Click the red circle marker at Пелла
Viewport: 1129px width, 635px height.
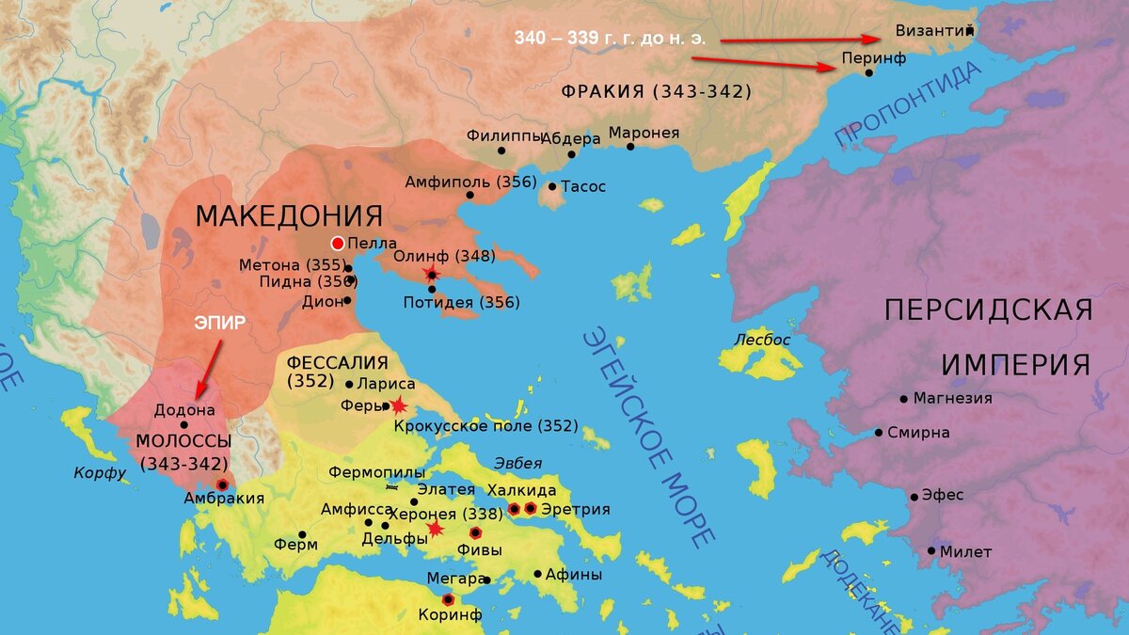338,243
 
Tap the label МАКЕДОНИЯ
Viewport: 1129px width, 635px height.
289,215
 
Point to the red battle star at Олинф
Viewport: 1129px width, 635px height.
432,274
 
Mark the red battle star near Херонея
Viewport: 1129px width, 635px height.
435,530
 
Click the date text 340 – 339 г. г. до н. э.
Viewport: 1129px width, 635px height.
609,40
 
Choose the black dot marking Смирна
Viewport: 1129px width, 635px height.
879,433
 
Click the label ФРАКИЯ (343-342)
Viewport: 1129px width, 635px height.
656,91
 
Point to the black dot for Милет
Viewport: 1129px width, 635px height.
931,551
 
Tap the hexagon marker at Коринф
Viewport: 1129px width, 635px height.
448,599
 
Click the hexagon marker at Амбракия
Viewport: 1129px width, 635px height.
221,484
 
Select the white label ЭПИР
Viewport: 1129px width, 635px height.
219,323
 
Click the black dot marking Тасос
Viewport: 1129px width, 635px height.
552,186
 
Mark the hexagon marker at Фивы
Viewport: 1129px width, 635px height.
476,532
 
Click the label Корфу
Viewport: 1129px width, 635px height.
100,473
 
